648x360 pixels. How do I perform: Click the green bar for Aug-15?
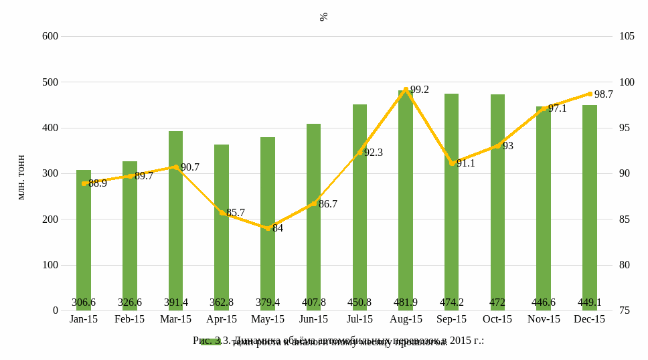click(x=406, y=201)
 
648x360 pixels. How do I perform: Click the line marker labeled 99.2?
click(x=406, y=89)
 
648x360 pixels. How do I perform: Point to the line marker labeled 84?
click(x=268, y=228)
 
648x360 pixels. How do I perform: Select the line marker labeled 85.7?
click(x=222, y=213)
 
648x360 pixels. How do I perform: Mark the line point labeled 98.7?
click(x=590, y=94)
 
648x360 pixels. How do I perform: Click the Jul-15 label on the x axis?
click(x=359, y=319)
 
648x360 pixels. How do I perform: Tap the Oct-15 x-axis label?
click(x=497, y=319)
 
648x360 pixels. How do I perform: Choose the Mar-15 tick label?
click(x=175, y=319)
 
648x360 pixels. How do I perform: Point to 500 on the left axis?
click(x=50, y=82)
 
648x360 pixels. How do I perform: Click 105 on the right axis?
click(x=627, y=36)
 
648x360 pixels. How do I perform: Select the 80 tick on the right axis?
click(x=625, y=265)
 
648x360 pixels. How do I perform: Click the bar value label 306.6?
click(x=84, y=302)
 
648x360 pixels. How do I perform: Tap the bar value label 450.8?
click(x=359, y=302)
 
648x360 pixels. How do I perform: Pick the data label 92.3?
click(x=374, y=153)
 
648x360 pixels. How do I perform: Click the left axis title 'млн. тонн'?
click(x=21, y=177)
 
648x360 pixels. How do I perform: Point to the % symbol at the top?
click(x=324, y=17)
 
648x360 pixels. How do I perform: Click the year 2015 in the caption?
click(x=461, y=340)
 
